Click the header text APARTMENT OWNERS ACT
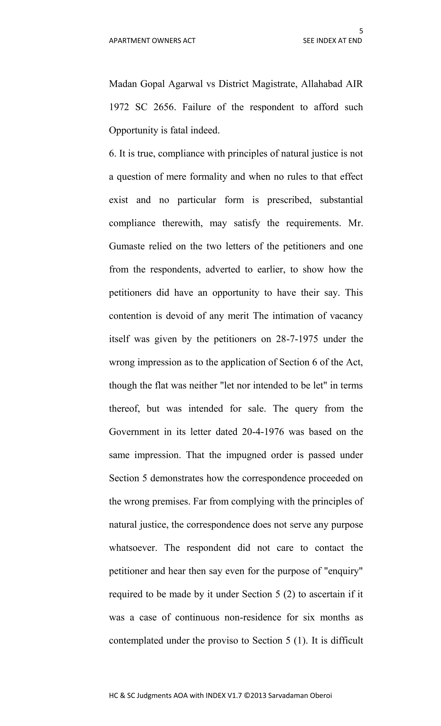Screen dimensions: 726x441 pos(152,41)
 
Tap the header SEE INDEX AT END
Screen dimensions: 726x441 pos(332,41)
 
